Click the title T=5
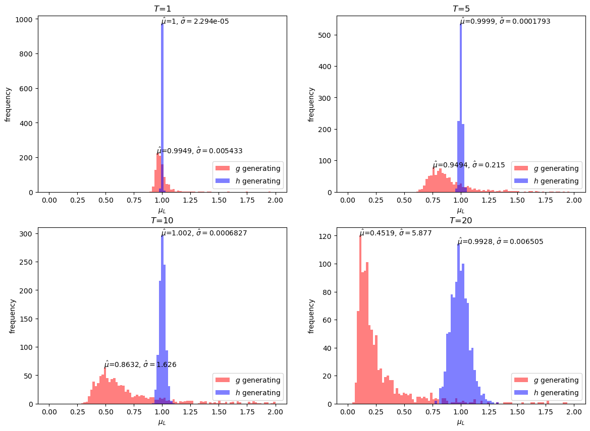pos(461,9)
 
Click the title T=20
pos(461,220)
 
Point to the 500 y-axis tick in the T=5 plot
pos(326,35)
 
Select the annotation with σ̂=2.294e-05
pos(195,21)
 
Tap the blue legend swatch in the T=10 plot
pos(222,393)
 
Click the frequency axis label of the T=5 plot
pos(311,104)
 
